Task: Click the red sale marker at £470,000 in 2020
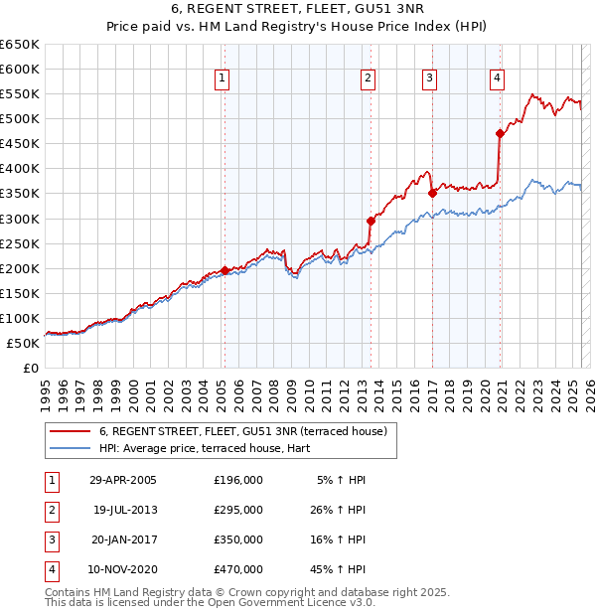pyautogui.click(x=500, y=134)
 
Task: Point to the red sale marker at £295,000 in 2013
pyautogui.click(x=371, y=221)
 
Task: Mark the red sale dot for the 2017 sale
pyautogui.click(x=432, y=194)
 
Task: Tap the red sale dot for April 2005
pyautogui.click(x=225, y=270)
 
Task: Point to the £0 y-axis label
pyautogui.click(x=30, y=368)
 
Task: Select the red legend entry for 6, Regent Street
pyautogui.click(x=248, y=430)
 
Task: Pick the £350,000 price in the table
pyautogui.click(x=238, y=539)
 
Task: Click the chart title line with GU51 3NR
pyautogui.click(x=298, y=9)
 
